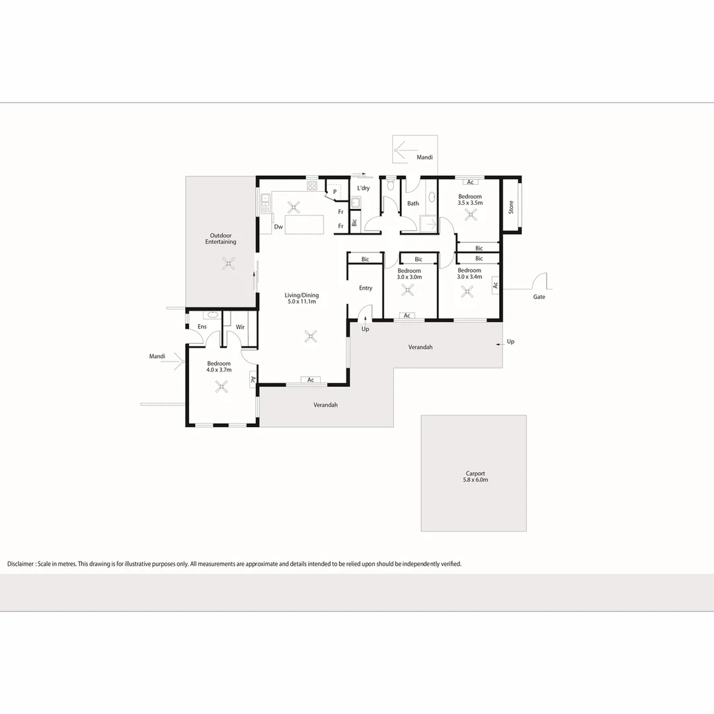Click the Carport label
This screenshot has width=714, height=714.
(x=475, y=473)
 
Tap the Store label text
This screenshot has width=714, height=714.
(x=510, y=208)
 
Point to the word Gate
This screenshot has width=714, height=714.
(x=539, y=297)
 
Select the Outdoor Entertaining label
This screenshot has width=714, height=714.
(x=221, y=239)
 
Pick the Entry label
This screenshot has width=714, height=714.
(x=366, y=288)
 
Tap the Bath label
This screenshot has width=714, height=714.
(x=413, y=203)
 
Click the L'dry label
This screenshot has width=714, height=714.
(x=363, y=188)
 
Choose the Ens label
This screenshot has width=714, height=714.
(x=202, y=327)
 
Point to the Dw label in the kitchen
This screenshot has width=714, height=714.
(x=278, y=227)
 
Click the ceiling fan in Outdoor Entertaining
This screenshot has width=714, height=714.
(x=228, y=263)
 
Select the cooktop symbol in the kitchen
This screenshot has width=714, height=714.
(x=313, y=185)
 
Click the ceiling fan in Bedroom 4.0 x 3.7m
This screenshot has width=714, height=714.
(x=222, y=386)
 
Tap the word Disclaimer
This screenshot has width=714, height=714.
(x=21, y=564)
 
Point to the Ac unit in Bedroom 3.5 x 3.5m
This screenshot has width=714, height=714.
(x=471, y=182)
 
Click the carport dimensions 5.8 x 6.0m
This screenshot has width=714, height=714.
(x=475, y=480)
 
